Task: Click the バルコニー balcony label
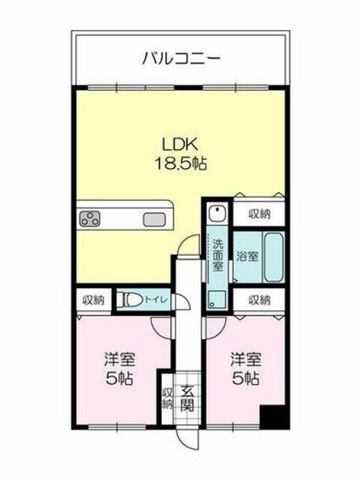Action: pyautogui.click(x=181, y=58)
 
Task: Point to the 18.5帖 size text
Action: pyautogui.click(x=180, y=164)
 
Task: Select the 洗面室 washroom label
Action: pyautogui.click(x=217, y=255)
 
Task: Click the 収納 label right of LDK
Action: pyautogui.click(x=261, y=214)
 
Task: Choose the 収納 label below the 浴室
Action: pyautogui.click(x=261, y=299)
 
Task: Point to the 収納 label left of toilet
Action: pyautogui.click(x=92, y=299)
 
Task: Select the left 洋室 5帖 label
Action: pyautogui.click(x=119, y=368)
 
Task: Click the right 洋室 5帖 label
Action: pyautogui.click(x=245, y=368)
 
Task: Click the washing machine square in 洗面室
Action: pyautogui.click(x=216, y=299)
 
